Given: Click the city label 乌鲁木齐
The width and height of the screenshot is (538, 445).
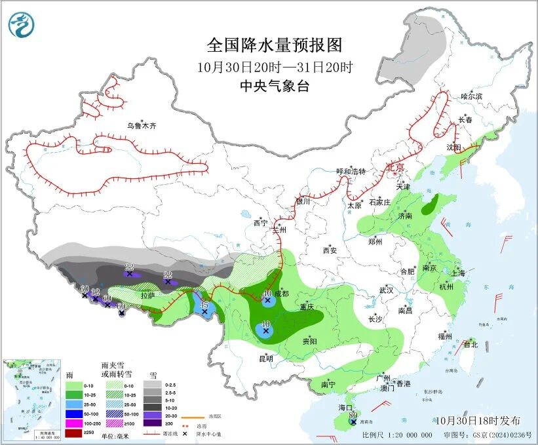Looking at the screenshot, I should pyautogui.click(x=142, y=125).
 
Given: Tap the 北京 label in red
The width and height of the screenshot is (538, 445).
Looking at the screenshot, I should pyautogui.click(x=396, y=167).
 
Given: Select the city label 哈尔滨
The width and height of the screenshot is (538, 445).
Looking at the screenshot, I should pyautogui.click(x=471, y=96).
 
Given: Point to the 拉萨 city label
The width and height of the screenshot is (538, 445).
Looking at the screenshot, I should pyautogui.click(x=149, y=295).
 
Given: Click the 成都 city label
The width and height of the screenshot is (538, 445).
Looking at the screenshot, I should pyautogui.click(x=280, y=294).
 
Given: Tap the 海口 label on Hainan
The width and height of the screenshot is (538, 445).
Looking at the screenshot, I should pyautogui.click(x=346, y=408).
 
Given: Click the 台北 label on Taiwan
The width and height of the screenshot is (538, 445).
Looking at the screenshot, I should pyautogui.click(x=471, y=344).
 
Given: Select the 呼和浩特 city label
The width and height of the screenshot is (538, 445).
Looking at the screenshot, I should pyautogui.click(x=351, y=171).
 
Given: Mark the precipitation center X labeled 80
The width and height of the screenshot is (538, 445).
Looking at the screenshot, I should pyautogui.click(x=354, y=423).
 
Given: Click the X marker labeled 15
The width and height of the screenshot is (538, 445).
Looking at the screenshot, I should pyautogui.click(x=205, y=312).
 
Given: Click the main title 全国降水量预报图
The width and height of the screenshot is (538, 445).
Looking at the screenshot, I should pyautogui.click(x=275, y=45).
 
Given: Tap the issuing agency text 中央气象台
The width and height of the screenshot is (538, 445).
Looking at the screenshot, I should pyautogui.click(x=274, y=86).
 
